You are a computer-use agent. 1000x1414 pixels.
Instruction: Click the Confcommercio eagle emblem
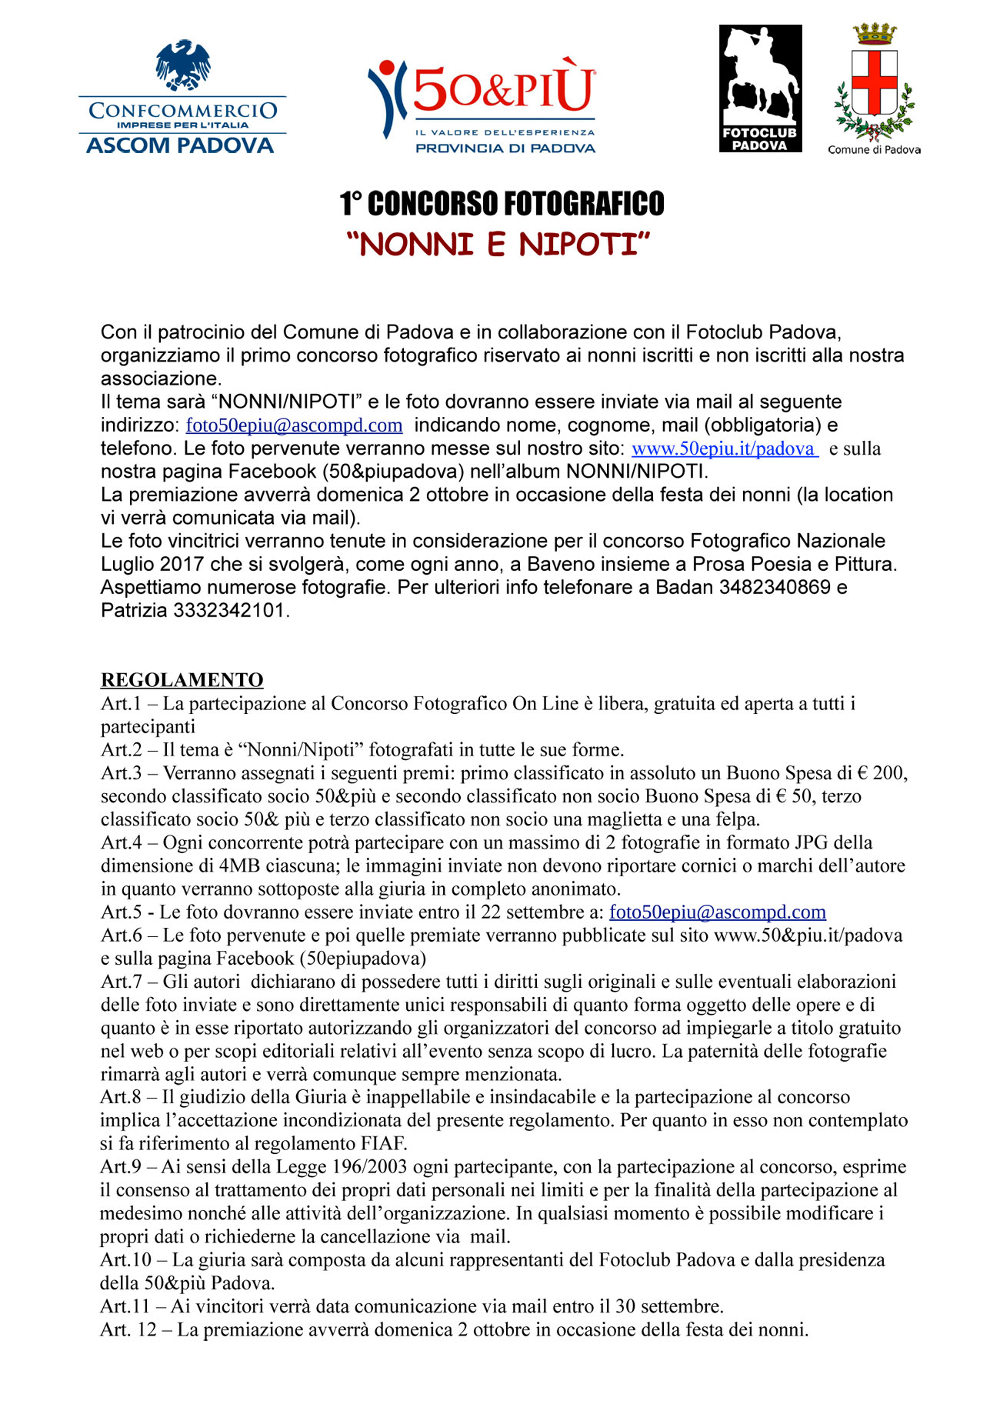183,65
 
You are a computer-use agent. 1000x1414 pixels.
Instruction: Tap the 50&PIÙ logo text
504,89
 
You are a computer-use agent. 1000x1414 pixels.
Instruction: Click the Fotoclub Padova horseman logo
760,88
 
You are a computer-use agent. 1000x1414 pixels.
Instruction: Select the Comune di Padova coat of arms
875,82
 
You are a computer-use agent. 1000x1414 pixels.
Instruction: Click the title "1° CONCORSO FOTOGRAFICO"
502,204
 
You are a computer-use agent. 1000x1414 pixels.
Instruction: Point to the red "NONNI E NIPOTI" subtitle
498,245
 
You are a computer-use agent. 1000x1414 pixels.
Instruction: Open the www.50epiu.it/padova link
724,449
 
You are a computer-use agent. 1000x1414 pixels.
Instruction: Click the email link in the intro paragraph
294,425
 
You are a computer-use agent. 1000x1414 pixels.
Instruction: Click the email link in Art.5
717,912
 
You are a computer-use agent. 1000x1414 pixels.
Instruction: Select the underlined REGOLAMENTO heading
182,680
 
